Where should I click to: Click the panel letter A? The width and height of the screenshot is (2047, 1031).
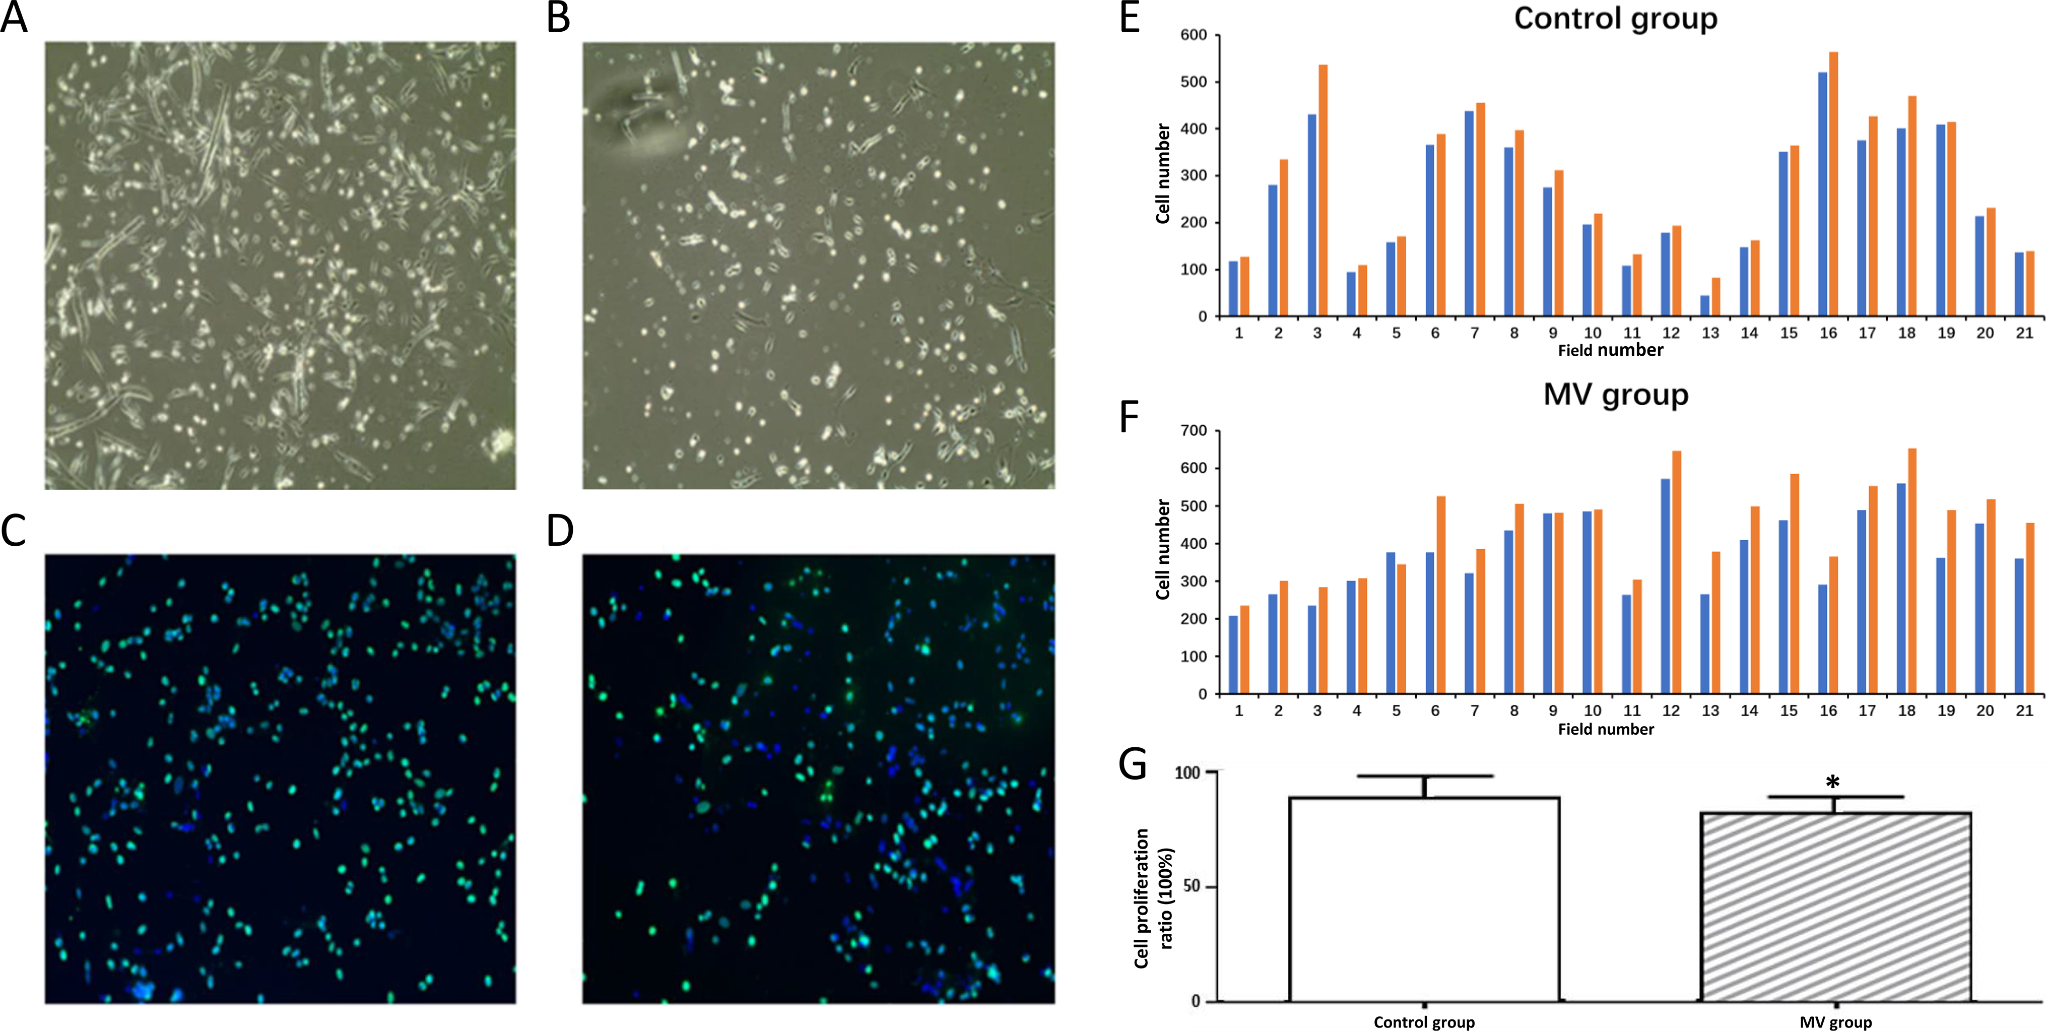(14, 18)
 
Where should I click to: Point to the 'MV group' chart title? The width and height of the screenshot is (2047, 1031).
(1616, 394)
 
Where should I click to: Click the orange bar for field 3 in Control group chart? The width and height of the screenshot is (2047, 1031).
(1323, 191)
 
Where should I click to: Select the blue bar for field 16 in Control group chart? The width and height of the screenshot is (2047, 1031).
(1823, 195)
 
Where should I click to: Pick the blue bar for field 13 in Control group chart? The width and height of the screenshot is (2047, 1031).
(1704, 306)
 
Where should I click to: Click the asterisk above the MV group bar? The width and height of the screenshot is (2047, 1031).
(1832, 783)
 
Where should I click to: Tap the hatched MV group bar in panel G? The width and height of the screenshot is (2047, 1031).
(1835, 906)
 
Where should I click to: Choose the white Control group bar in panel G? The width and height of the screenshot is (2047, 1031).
(1424, 898)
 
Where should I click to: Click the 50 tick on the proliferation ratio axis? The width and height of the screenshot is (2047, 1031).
(1191, 886)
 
